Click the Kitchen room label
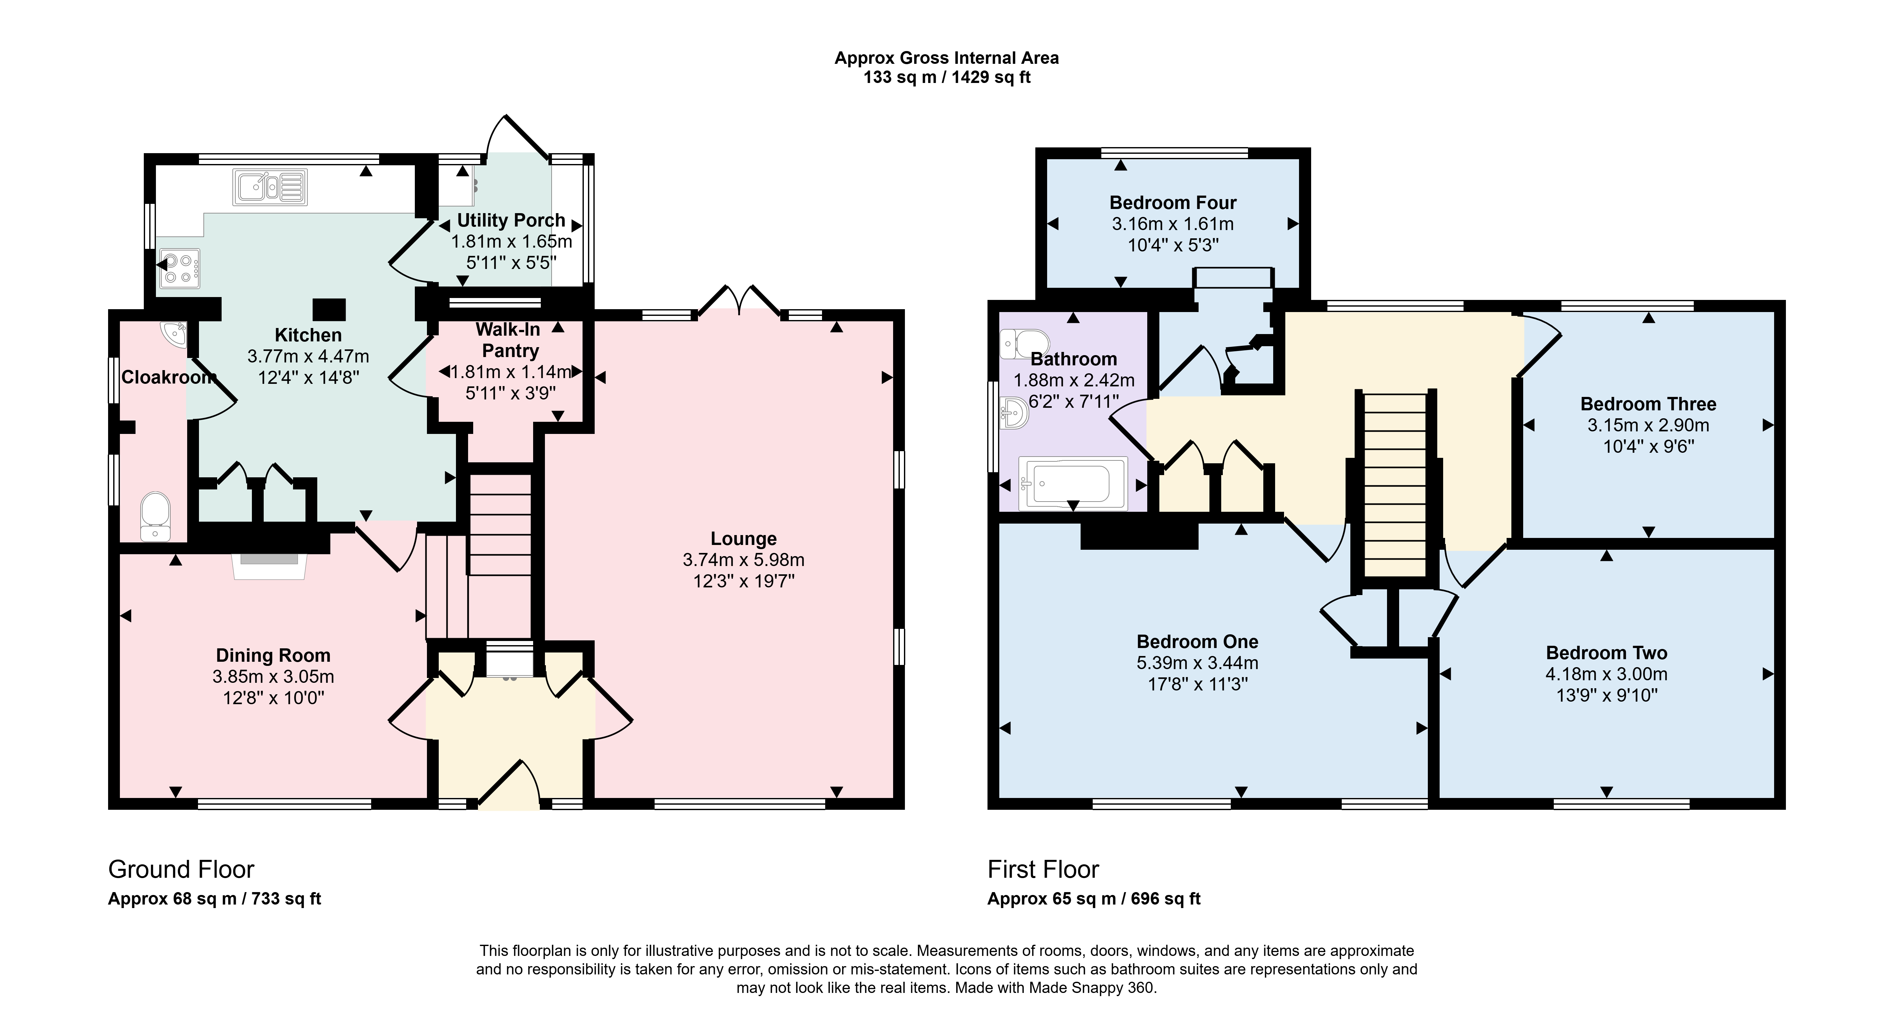coord(308,335)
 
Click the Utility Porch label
coord(511,220)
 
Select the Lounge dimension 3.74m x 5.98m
coord(743,560)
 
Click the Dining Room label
coord(273,655)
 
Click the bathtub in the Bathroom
coord(1073,483)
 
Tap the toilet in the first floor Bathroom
coord(1024,344)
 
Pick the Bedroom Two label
coord(1606,653)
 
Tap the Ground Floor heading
coord(181,869)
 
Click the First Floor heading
coord(1043,869)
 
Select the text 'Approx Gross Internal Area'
coord(946,58)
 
